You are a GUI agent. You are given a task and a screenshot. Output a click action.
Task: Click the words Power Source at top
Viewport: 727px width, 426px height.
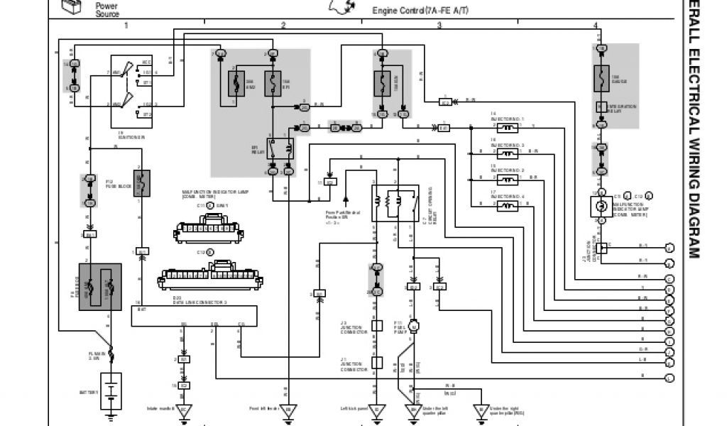pos(107,10)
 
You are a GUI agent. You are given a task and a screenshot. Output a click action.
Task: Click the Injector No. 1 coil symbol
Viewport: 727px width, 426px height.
pos(507,129)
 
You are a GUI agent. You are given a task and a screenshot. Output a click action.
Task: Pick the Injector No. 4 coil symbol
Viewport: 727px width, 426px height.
pos(507,206)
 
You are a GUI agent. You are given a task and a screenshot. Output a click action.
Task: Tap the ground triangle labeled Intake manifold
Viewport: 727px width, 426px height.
pos(185,410)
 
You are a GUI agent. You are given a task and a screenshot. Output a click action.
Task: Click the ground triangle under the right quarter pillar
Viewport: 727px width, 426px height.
pos(481,410)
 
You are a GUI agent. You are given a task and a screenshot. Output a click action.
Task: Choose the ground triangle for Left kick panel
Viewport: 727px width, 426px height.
pos(376,410)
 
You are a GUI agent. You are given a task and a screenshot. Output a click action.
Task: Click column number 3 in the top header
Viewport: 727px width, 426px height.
pos(439,26)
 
